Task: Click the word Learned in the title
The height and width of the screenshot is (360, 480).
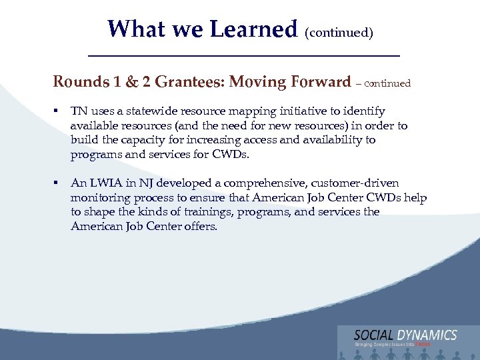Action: coord(253,29)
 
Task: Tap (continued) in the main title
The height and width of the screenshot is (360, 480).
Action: coord(339,32)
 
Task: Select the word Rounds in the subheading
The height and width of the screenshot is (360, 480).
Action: coord(81,82)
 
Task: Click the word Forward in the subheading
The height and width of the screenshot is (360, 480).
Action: coord(320,82)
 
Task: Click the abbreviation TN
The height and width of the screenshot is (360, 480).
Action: coord(79,111)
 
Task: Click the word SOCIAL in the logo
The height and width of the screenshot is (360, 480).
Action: coord(374,335)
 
